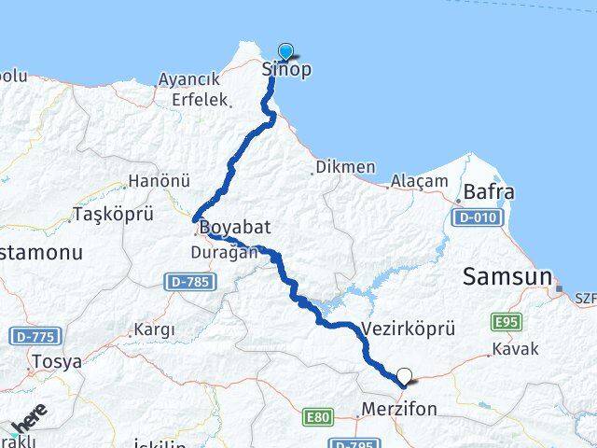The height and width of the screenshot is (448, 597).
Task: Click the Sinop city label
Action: [x=285, y=70]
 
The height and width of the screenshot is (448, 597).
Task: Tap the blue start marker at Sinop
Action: [x=285, y=52]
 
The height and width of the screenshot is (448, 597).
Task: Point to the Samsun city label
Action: [x=507, y=276]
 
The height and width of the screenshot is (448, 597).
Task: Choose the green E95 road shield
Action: [x=505, y=322]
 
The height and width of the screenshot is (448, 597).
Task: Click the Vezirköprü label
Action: [x=407, y=330]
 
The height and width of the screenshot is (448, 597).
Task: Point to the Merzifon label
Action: [x=397, y=410]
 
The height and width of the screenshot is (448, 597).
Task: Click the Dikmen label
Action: [x=345, y=168]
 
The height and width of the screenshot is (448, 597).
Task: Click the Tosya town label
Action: [x=56, y=361]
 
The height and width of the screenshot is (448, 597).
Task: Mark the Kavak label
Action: [x=509, y=353]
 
